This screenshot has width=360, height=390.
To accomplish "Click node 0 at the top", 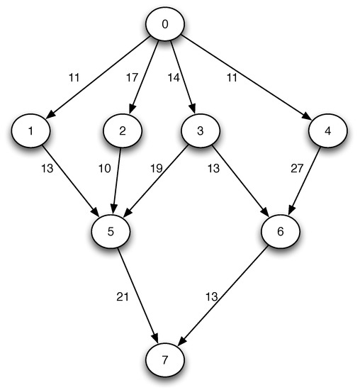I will pos(164,25).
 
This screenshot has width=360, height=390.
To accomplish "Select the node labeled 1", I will pos(31,131).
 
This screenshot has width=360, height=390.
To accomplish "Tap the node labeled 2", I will pos(123,131).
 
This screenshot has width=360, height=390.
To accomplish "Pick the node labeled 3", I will pos(201,131).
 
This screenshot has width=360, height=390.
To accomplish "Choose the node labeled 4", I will pos(327,131).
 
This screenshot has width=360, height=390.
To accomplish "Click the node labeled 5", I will pos(111,231).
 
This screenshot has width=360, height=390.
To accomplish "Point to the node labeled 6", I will pos(281,231).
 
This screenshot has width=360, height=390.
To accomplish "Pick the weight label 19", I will pos(157,169).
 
